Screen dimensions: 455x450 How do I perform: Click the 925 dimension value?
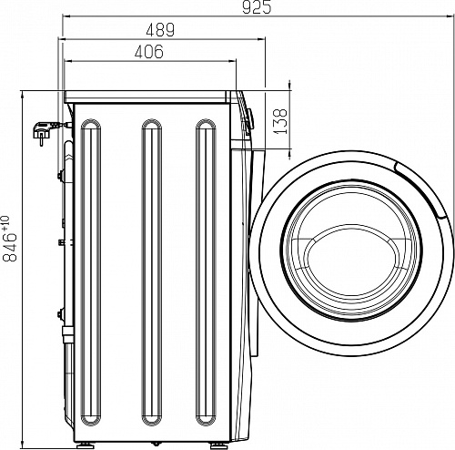[257, 7]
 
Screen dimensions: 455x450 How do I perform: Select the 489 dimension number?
[160, 30]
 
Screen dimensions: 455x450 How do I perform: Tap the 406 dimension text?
[149, 52]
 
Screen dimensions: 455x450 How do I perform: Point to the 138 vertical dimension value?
[280, 121]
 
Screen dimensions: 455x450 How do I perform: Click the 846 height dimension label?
[9, 247]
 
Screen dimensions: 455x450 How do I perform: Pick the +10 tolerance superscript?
[5, 222]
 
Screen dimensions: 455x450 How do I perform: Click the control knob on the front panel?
[250, 121]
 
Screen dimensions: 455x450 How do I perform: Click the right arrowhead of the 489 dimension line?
[261, 39]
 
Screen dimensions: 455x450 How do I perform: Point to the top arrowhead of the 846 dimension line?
[23, 96]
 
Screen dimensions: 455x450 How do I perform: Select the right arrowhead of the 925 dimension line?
[450, 17]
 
